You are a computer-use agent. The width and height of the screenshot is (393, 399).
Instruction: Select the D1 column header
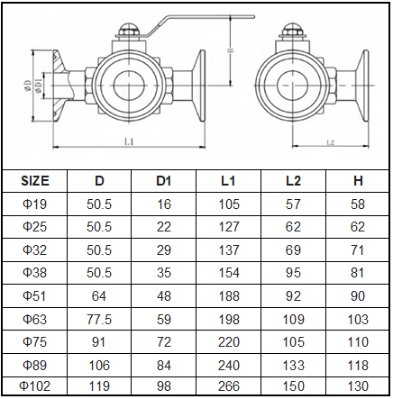tap(163, 180)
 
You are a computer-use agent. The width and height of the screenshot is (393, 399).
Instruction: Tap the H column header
tap(359, 180)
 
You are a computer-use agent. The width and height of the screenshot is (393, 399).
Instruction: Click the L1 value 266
tap(229, 386)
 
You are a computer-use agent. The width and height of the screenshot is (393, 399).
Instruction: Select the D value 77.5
tap(99, 319)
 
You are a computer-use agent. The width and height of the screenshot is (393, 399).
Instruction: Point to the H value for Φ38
tap(359, 273)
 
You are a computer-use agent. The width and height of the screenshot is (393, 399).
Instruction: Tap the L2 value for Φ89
tap(293, 365)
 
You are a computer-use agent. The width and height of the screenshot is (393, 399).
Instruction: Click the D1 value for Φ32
tap(163, 250)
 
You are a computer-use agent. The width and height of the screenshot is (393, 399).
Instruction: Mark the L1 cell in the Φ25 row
tap(229, 228)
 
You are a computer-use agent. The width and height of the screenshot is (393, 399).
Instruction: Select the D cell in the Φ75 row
tap(99, 342)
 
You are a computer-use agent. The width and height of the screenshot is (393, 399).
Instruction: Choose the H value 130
tap(359, 386)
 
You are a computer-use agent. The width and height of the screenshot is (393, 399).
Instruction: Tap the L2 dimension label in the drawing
tap(330, 142)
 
